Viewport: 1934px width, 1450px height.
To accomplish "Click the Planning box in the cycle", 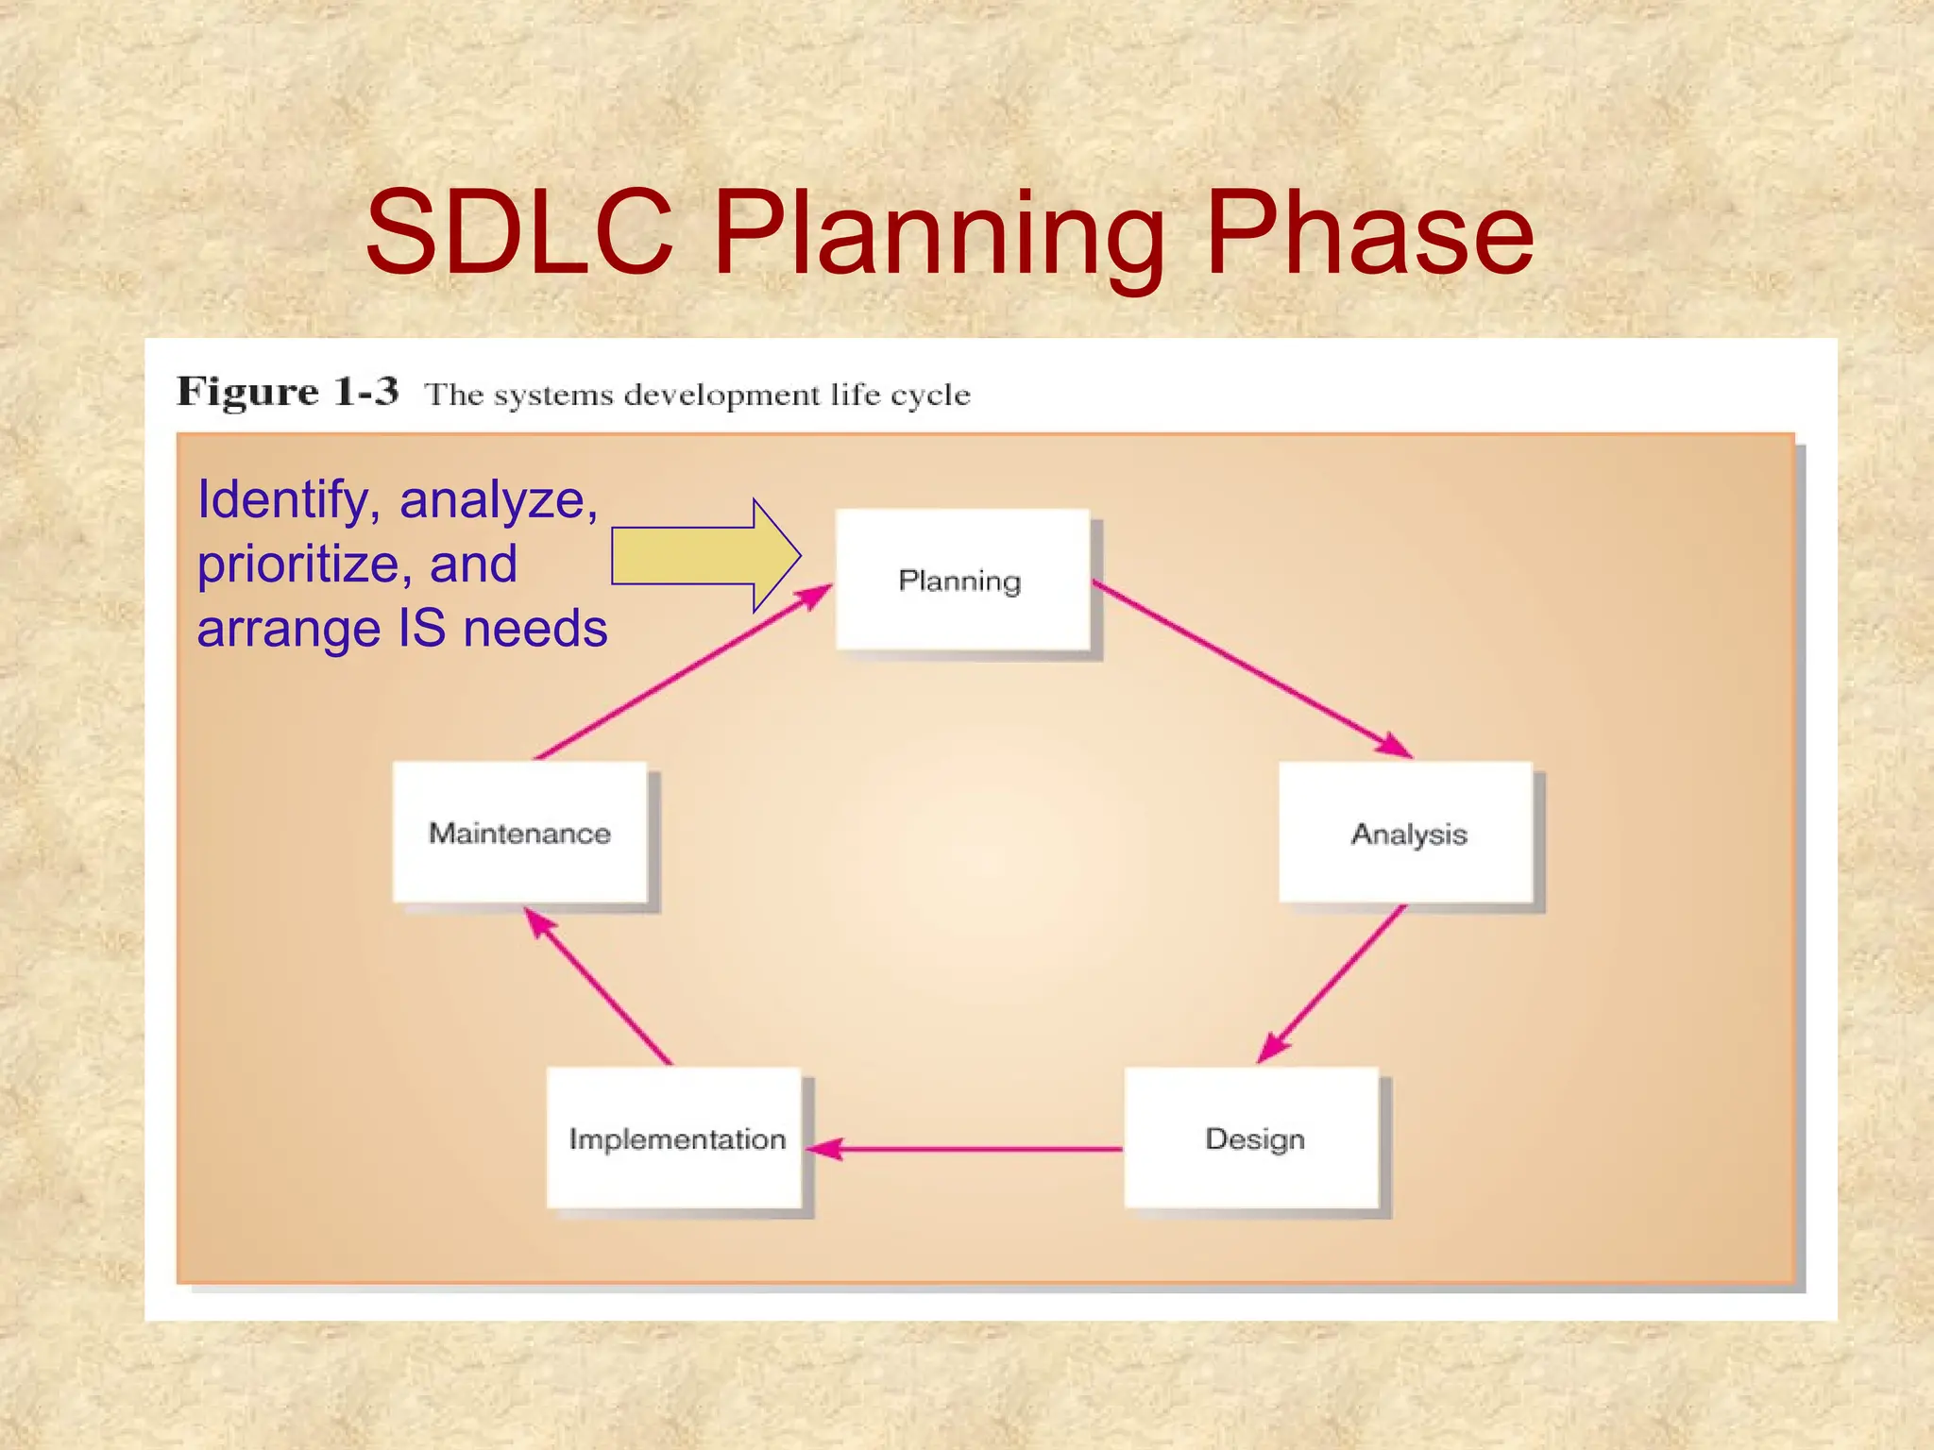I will pos(961,580).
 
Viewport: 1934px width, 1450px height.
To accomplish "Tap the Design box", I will pos(1252,1138).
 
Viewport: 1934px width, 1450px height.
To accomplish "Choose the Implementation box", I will pos(674,1138).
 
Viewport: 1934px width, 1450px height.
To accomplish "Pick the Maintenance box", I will pos(519,833).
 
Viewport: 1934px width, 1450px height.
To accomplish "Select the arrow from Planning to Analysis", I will pos(1251,668).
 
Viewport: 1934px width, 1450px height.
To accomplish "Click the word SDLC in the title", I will pos(519,232).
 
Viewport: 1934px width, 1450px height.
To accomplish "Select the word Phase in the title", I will pos(1369,232).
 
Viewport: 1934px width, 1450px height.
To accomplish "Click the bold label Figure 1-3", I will pos(288,392).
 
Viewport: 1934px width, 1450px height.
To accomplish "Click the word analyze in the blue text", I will pos(498,500).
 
